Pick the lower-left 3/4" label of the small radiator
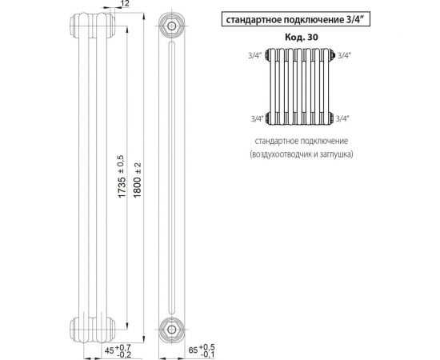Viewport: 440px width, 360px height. click(258, 118)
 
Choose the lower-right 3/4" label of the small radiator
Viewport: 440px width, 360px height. click(344, 118)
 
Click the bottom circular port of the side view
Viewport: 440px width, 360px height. click(170, 327)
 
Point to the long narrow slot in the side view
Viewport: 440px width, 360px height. click(170, 176)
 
